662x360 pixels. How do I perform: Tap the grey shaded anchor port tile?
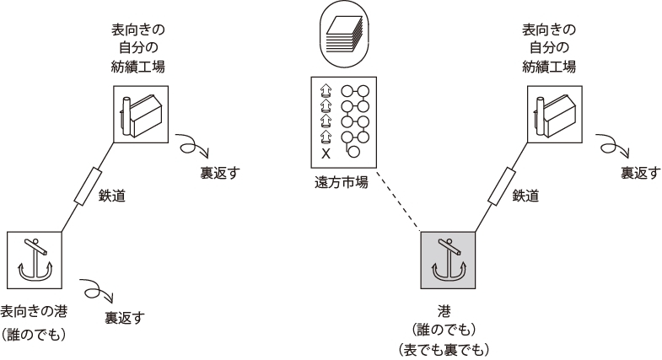click(448, 256)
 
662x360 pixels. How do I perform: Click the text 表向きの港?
click(35, 310)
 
